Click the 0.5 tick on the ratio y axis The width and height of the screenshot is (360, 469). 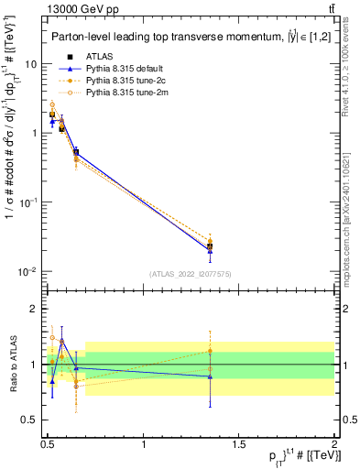pos(32,420)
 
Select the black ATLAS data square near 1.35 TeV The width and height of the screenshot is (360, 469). pos(211,246)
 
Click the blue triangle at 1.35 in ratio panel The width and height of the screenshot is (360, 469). pos(211,376)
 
